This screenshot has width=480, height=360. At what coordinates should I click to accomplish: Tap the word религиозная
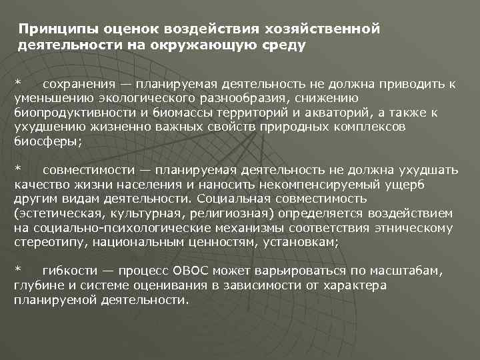click(224, 213)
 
